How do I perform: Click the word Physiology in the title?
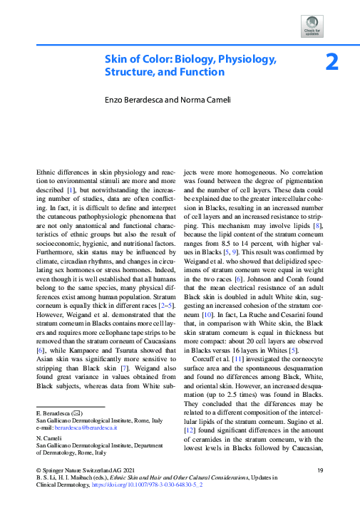pos(241,58)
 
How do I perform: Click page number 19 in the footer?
pos(320,470)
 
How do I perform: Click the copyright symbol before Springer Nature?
pos(38,470)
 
